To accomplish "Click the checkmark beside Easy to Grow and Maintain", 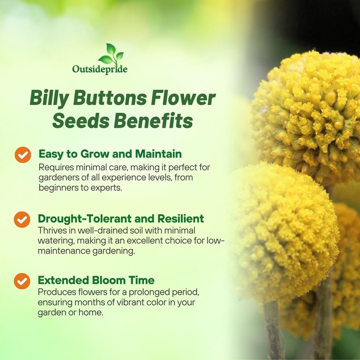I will point(22,154).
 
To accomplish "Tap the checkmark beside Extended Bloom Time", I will point(22,281).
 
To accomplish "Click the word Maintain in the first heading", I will point(159,154).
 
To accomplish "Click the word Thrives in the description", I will point(52,230).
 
